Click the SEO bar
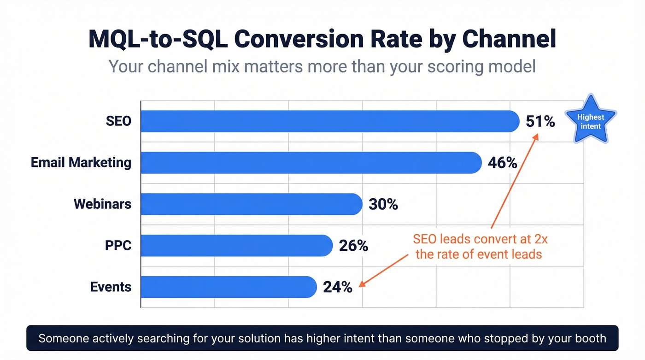(x=330, y=121)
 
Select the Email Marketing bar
(x=311, y=163)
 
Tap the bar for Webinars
(x=251, y=204)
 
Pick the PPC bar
(x=236, y=246)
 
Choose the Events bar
(x=229, y=287)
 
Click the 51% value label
(x=540, y=121)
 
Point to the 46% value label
(x=503, y=163)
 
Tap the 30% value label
(x=383, y=204)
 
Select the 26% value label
(x=353, y=246)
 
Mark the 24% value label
(x=338, y=287)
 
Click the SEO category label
(x=118, y=121)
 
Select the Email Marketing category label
(x=81, y=163)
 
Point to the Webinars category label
(x=102, y=204)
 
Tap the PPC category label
(x=118, y=246)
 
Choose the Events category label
(x=111, y=287)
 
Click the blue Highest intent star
(x=591, y=120)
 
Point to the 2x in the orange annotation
(x=540, y=240)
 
